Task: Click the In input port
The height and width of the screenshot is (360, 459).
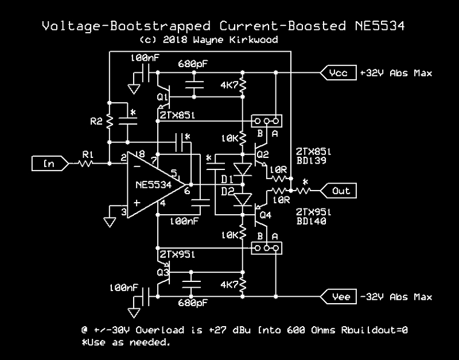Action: (50, 164)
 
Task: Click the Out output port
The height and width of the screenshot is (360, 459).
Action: (339, 191)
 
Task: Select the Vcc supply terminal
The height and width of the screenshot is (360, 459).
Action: (339, 73)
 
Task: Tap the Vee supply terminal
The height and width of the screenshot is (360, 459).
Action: (339, 297)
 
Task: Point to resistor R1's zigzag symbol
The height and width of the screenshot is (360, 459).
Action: (85, 164)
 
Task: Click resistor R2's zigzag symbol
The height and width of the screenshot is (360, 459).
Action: (110, 121)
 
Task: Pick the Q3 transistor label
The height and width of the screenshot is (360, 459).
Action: (163, 273)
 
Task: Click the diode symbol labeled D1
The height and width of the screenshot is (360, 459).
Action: (243, 169)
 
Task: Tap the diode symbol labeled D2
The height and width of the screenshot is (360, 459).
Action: (243, 200)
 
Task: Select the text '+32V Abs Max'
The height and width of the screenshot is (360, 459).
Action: (396, 73)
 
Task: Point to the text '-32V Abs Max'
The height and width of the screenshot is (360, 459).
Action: (396, 297)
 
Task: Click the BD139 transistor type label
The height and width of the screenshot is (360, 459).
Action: (311, 161)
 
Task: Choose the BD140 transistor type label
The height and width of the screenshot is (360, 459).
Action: (311, 221)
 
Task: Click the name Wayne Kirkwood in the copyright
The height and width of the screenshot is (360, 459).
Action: (235, 40)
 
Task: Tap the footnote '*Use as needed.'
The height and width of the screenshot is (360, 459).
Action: (126, 342)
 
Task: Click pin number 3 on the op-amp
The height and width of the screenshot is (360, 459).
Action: (124, 211)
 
